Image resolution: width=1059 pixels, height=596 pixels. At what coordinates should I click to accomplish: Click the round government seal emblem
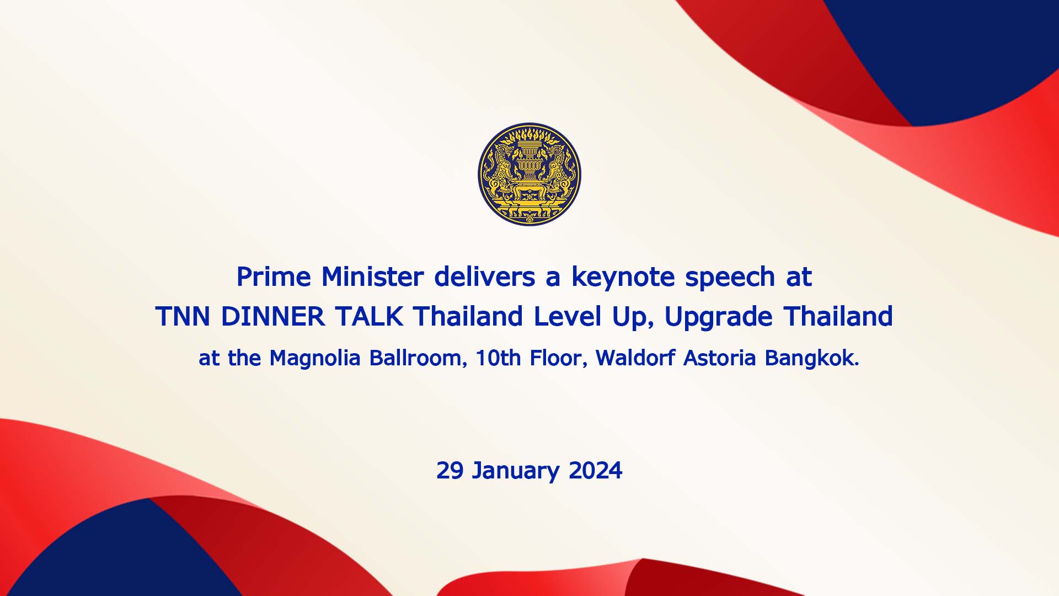point(529,174)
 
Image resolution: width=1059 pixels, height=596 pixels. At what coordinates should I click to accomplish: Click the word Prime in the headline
point(273,277)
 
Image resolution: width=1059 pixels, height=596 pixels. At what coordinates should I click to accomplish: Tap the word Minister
point(372,277)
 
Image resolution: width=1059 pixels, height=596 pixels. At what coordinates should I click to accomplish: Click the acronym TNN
point(183,317)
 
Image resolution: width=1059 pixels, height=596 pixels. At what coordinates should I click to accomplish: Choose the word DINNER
point(273,317)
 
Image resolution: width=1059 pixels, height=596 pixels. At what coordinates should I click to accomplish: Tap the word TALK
point(369,317)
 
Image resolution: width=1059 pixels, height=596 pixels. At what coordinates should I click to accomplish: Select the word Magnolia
point(315,359)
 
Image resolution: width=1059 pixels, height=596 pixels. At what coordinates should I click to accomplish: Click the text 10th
point(498,359)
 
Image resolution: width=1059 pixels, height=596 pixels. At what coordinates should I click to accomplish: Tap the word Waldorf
point(635,359)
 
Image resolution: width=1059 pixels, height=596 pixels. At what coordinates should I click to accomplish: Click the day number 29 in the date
point(450,471)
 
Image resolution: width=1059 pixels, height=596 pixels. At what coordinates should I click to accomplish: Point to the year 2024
point(595,471)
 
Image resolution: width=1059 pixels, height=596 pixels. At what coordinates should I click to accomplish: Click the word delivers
point(485,277)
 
